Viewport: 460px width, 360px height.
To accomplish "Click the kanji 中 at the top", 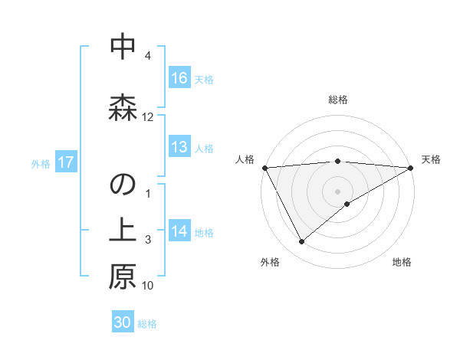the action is [x=123, y=47].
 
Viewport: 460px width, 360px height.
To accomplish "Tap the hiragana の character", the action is [x=123, y=188].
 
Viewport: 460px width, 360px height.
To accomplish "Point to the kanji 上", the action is [x=123, y=231].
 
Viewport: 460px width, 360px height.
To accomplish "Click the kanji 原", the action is [x=123, y=277].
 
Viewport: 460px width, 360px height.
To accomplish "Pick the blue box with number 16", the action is [x=179, y=77].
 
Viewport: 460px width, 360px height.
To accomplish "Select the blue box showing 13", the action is [x=179, y=147].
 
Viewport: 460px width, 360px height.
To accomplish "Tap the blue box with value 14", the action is [x=179, y=231].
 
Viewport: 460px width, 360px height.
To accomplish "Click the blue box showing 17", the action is [x=65, y=162].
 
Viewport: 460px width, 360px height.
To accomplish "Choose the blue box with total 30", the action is [x=123, y=322].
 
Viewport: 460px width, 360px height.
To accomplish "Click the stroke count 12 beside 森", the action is [x=148, y=117].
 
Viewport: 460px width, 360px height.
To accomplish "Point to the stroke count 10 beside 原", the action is [x=148, y=286].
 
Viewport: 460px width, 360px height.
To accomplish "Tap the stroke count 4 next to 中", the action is [x=148, y=56].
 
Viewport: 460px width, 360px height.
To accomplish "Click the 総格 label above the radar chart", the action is [x=338, y=100].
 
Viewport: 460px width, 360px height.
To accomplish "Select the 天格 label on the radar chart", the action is [x=431, y=159].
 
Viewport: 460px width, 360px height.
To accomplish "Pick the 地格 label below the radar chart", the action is [x=402, y=263].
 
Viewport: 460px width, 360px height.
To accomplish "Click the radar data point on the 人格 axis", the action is [x=264, y=167].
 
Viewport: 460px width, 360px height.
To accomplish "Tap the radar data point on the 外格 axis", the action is [x=301, y=242].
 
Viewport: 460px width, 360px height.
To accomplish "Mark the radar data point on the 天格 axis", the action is [x=411, y=167].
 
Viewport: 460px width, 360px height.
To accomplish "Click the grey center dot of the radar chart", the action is [x=338, y=191].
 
